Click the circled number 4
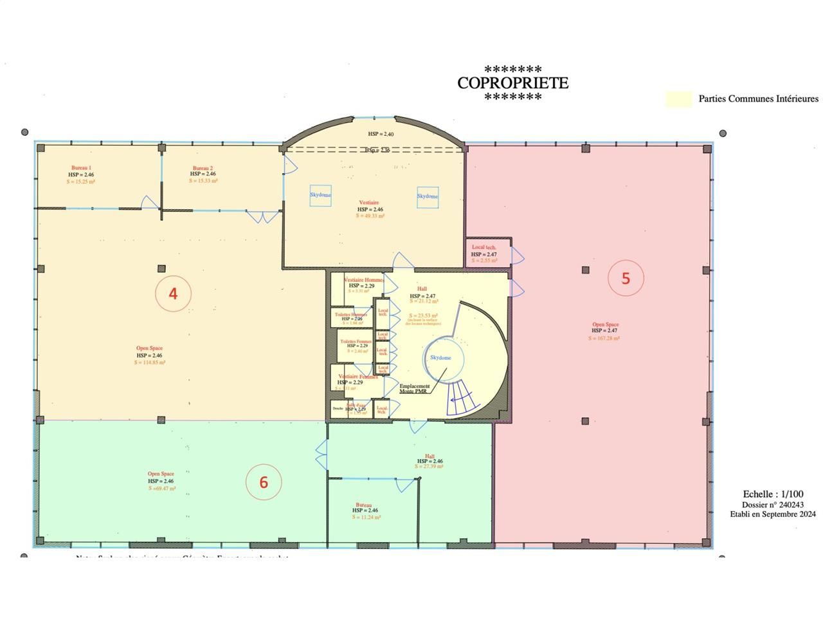(x=173, y=294)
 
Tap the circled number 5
(x=626, y=278)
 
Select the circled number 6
(x=264, y=482)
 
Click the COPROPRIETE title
(x=512, y=83)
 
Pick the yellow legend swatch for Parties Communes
(x=678, y=98)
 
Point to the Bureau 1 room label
(x=81, y=167)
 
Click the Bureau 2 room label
(x=203, y=167)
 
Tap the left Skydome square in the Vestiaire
(x=320, y=195)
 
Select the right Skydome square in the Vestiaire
(x=428, y=196)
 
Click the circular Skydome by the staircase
(x=441, y=357)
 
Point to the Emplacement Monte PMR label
(x=415, y=388)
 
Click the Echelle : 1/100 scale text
(x=773, y=494)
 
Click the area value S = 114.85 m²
(x=150, y=362)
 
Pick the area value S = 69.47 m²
(x=161, y=489)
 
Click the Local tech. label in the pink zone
(x=484, y=247)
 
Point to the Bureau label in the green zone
(x=364, y=505)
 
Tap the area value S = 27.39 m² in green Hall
(x=430, y=466)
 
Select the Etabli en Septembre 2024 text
(x=772, y=514)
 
